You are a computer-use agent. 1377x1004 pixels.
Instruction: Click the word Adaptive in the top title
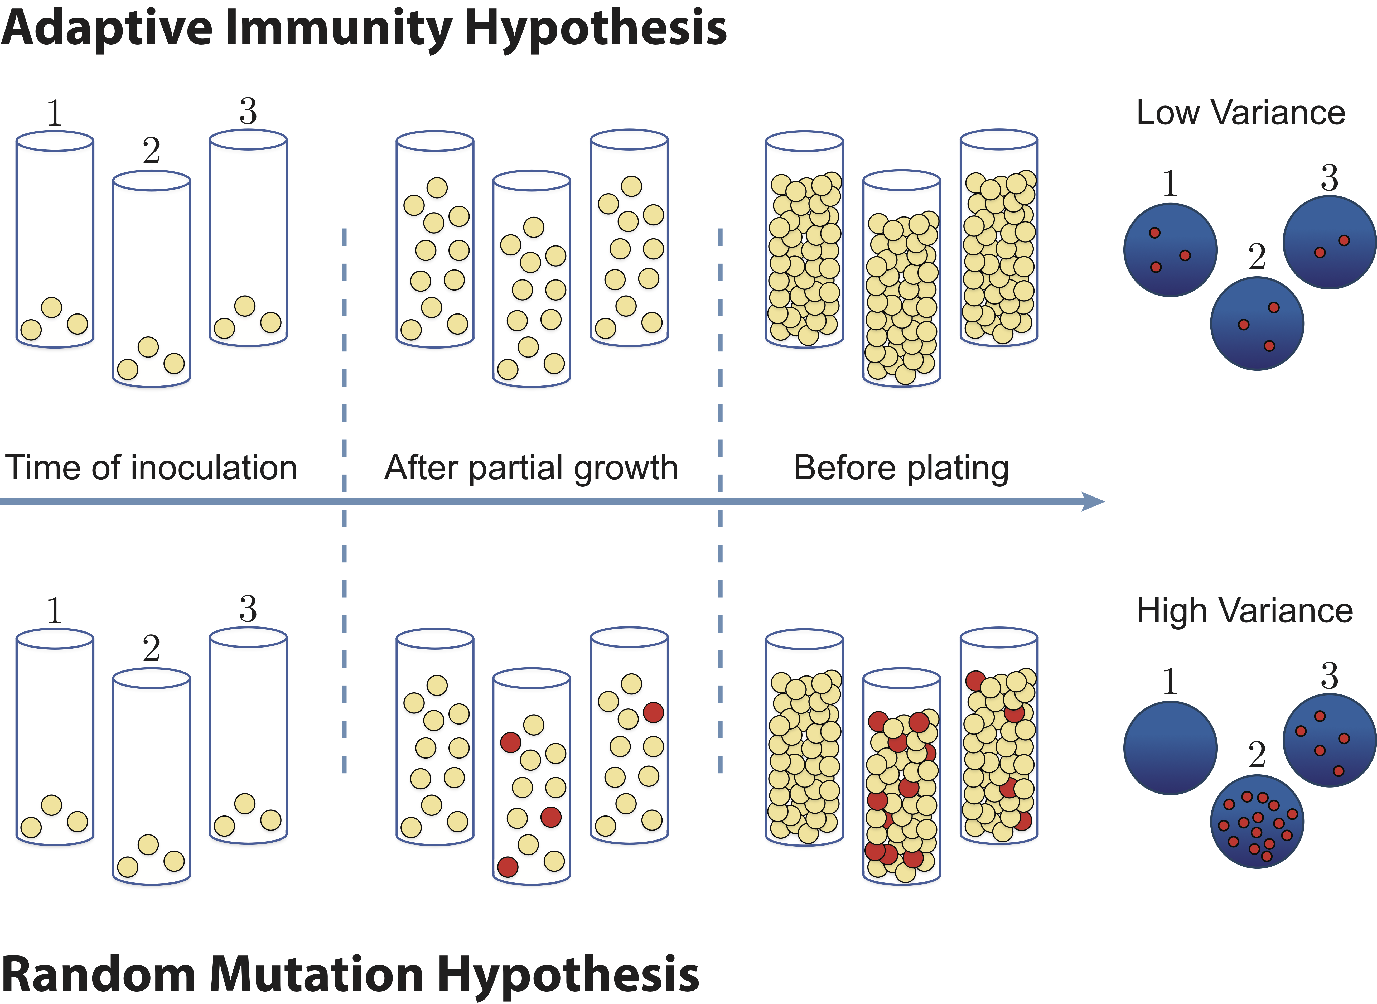tap(106, 29)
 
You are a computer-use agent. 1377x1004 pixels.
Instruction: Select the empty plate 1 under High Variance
tap(1170, 747)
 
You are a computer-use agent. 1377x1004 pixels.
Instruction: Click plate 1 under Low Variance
tap(1170, 250)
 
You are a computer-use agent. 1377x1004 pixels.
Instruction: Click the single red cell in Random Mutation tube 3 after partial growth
tap(653, 712)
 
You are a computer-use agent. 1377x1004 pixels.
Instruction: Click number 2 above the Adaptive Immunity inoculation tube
tap(151, 151)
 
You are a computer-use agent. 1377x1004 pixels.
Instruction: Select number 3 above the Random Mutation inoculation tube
tap(248, 608)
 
